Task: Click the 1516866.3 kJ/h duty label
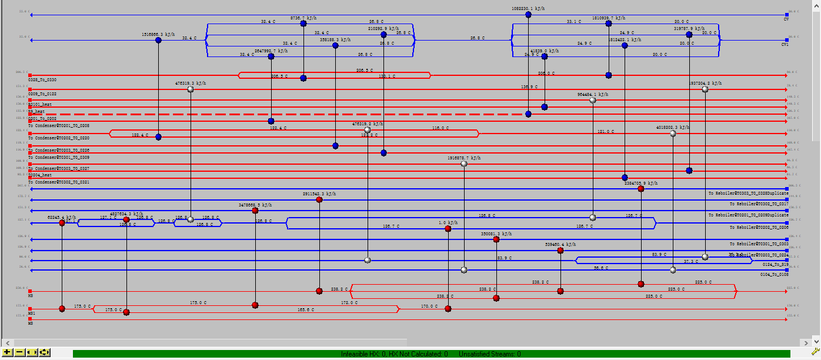pos(159,35)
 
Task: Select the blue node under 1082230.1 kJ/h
pos(528,15)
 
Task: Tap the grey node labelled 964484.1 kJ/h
pos(592,101)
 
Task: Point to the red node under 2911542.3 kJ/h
pos(319,199)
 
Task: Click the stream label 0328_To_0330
pos(43,79)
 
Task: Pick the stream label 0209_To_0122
pos(43,94)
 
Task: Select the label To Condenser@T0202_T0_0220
pos(59,138)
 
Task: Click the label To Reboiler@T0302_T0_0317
pos(759,204)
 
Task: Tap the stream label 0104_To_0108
pos(774,275)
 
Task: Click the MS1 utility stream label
pos(32,314)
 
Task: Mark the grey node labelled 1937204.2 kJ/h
pos(705,89)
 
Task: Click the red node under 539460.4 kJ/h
pos(560,251)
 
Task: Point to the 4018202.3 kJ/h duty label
pos(673,127)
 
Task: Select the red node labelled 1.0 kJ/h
pos(448,229)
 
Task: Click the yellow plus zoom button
pos(8,352)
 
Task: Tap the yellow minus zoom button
pos(19,352)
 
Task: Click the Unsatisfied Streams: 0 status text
pos(489,354)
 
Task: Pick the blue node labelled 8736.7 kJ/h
pos(303,24)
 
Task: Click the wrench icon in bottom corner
pos(815,352)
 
